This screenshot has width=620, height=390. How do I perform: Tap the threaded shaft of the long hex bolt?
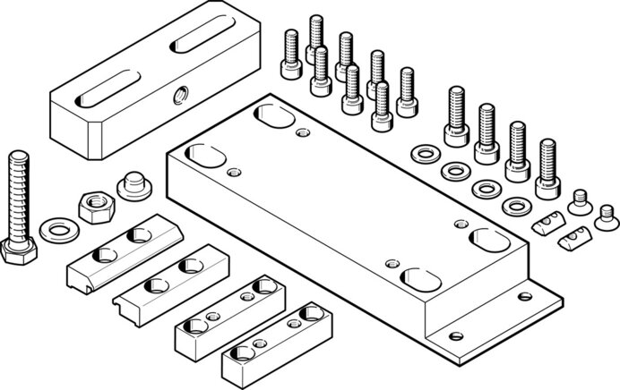pyautogui.click(x=20, y=192)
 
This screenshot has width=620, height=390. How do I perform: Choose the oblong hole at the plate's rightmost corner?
pyautogui.click(x=487, y=241)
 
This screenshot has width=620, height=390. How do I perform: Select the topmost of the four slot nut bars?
pyautogui.click(x=124, y=246)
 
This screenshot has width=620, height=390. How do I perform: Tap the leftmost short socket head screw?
pyautogui.click(x=290, y=45)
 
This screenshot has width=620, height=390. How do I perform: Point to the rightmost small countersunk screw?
pyautogui.click(x=607, y=213)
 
